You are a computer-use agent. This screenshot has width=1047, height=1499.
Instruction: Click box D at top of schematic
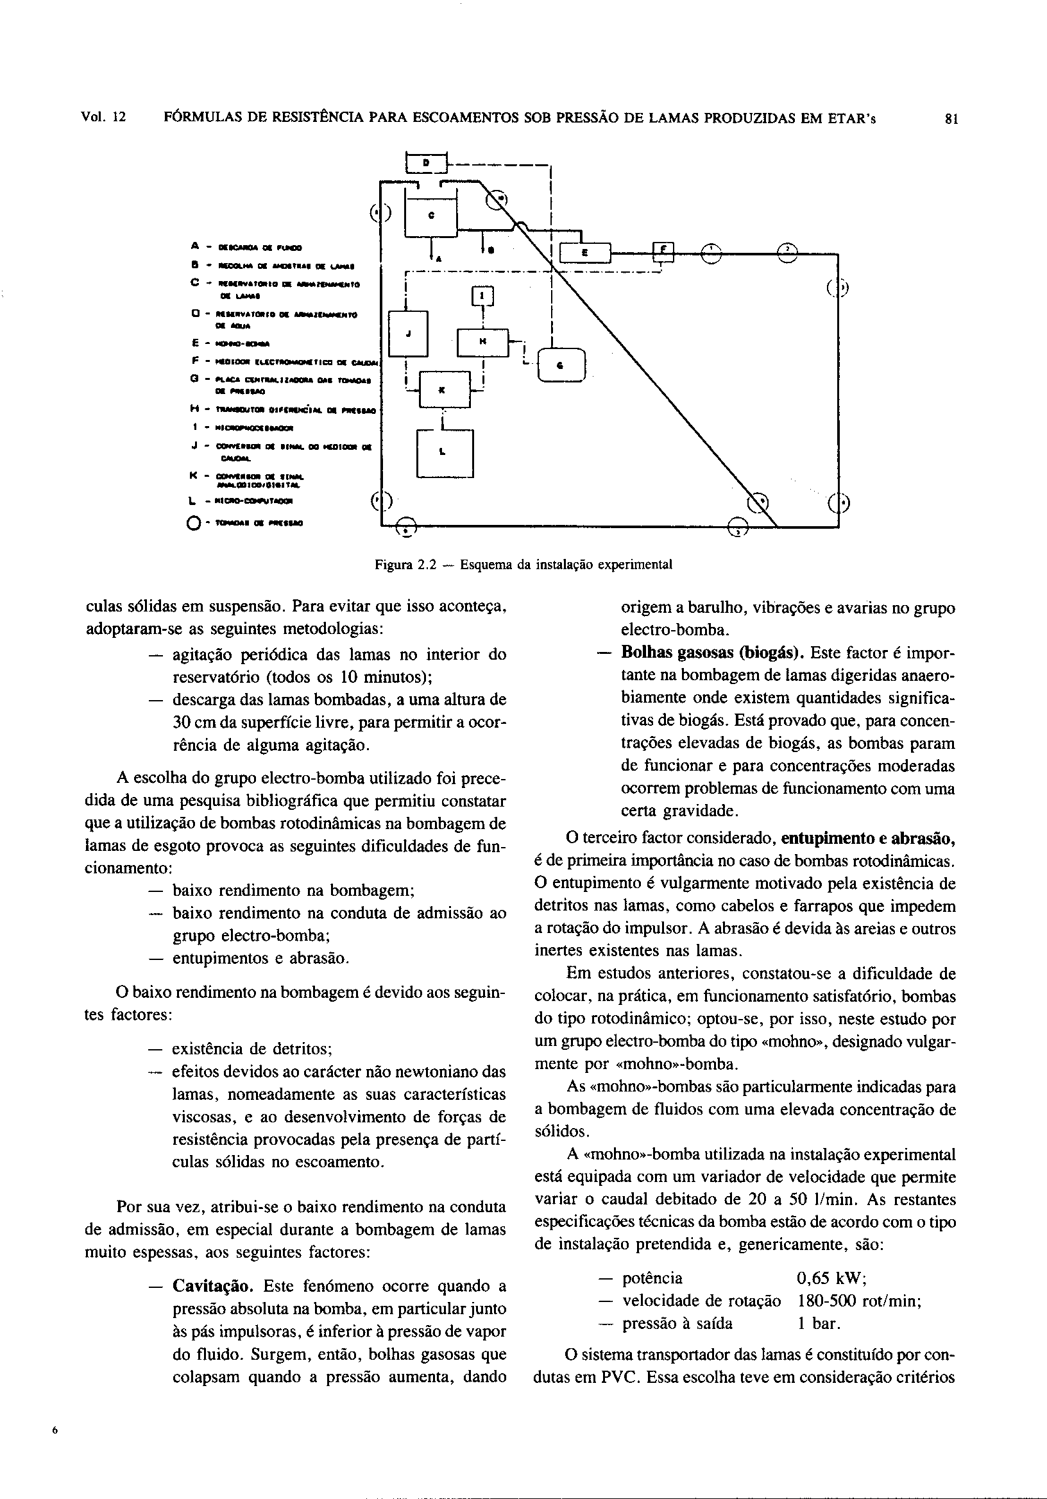coord(425,161)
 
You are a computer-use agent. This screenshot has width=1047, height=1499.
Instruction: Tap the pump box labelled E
coord(585,253)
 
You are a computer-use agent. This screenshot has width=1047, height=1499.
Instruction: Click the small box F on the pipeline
coord(663,250)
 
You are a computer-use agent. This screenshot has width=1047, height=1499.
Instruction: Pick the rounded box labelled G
coord(561,366)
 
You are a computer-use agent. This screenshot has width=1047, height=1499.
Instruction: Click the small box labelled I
coord(482,296)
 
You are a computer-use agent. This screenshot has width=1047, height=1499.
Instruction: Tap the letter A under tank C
coord(438,259)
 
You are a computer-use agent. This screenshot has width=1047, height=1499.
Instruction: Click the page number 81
coord(951,119)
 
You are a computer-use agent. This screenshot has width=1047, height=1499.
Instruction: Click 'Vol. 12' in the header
coord(103,118)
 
